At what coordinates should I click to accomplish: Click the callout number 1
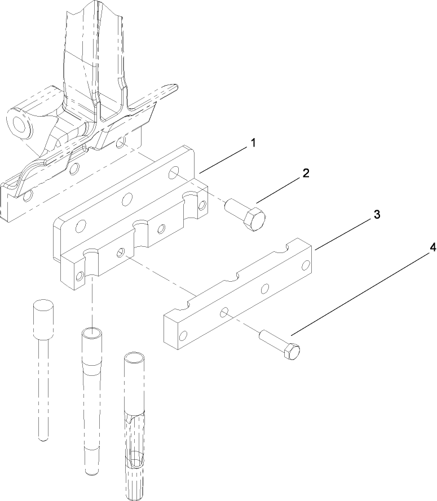click(x=253, y=143)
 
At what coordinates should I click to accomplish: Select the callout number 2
click(x=306, y=173)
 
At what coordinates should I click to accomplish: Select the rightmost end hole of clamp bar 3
click(x=306, y=264)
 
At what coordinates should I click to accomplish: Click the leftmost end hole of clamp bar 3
click(x=182, y=336)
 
